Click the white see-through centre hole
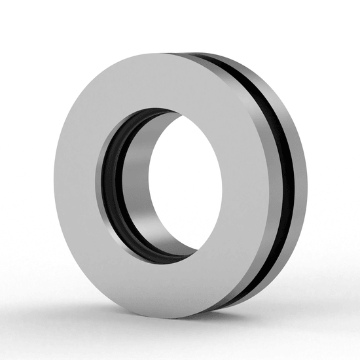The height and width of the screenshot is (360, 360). click(x=187, y=187)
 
